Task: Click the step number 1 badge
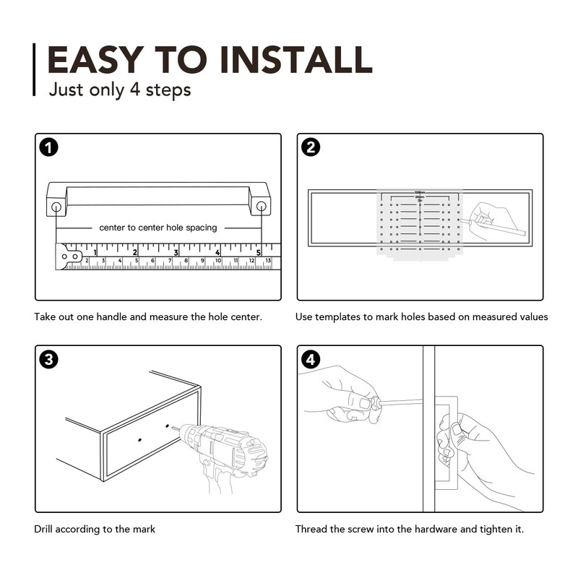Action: click(x=48, y=147)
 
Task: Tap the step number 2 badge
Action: click(x=311, y=147)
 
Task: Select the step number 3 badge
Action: click(x=48, y=359)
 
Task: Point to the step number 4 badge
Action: click(x=311, y=359)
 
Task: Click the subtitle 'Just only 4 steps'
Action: click(x=119, y=90)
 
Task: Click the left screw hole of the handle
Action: click(x=56, y=207)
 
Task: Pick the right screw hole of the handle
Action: click(x=261, y=207)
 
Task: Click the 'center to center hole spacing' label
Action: click(x=158, y=228)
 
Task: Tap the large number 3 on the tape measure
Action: click(x=176, y=253)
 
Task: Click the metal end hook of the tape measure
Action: click(x=69, y=256)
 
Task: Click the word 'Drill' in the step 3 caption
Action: click(x=44, y=529)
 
